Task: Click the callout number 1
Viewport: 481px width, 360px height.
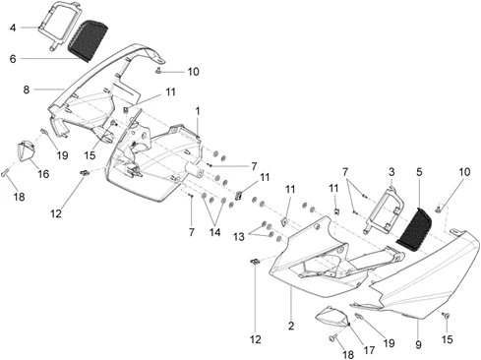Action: point(198,111)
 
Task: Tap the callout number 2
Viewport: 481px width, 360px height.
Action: point(291,326)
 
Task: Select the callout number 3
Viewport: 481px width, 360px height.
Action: point(391,172)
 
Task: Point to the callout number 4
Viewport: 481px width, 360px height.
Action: point(13,28)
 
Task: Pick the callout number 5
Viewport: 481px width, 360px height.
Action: point(419,172)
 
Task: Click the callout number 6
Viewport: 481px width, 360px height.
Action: point(13,59)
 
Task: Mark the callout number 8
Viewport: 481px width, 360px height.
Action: point(27,90)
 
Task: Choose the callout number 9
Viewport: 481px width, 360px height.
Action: point(418,344)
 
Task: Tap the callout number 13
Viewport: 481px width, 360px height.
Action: point(239,236)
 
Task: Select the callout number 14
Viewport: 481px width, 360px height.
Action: point(215,232)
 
